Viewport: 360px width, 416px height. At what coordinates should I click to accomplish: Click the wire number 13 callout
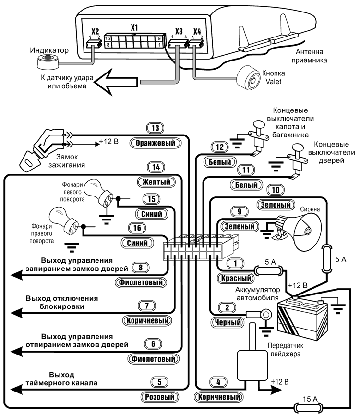(x=155, y=128)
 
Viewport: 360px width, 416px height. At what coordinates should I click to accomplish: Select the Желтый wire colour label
(x=155, y=182)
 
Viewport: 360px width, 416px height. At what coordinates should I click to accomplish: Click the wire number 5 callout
(x=158, y=383)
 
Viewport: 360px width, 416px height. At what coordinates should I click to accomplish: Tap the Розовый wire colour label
(x=158, y=397)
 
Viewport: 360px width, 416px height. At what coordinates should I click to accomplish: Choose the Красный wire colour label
(x=235, y=278)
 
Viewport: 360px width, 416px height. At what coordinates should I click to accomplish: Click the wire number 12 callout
(x=220, y=147)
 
